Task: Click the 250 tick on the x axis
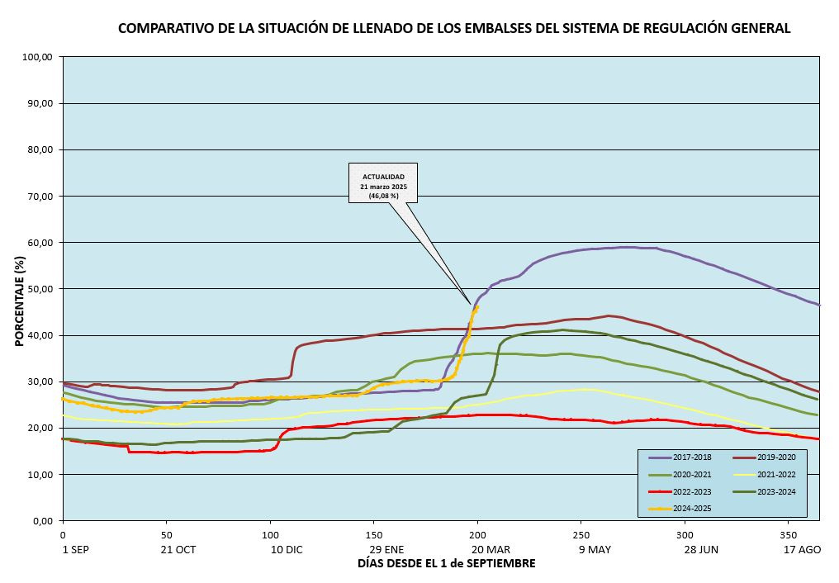[x=581, y=534]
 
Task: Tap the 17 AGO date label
[x=801, y=548]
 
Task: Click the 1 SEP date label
[x=75, y=548]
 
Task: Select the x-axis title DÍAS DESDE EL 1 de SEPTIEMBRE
[x=446, y=563]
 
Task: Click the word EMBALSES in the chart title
[x=457, y=28]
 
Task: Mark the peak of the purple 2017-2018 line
[x=628, y=247]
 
